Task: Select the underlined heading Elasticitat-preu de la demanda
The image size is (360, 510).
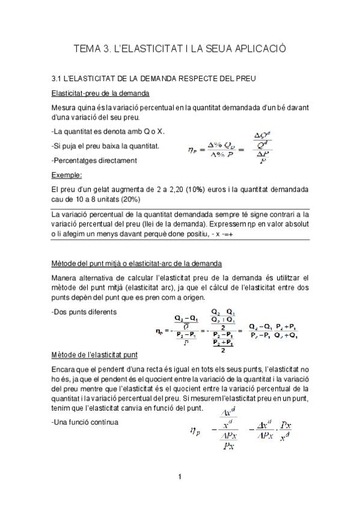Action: point(100,94)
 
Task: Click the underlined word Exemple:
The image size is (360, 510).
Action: point(66,175)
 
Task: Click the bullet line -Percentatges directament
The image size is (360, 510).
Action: point(94,161)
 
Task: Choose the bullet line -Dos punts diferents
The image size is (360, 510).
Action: point(84,312)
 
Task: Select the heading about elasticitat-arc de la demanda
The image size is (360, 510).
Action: point(137,263)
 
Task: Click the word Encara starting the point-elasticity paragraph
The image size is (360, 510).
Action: point(64,366)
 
